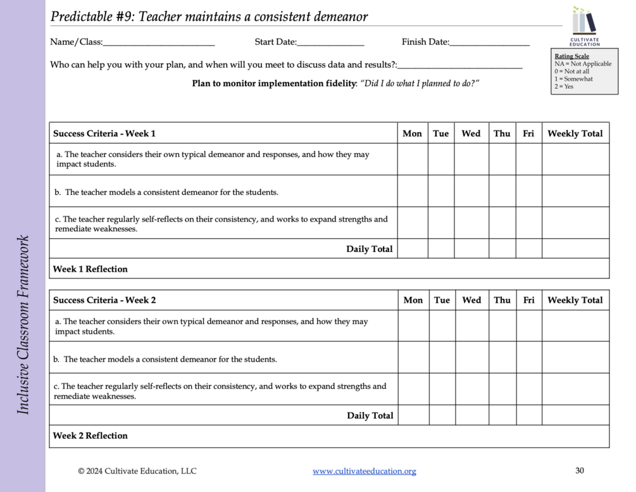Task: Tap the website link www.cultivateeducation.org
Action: pyautogui.click(x=365, y=471)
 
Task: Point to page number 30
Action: pyautogui.click(x=580, y=470)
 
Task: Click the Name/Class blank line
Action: pyautogui.click(x=158, y=44)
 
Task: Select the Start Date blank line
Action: pyautogui.click(x=330, y=44)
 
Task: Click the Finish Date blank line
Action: pyautogui.click(x=489, y=44)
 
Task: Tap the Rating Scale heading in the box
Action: pyautogui.click(x=571, y=56)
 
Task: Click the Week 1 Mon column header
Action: pyautogui.click(x=412, y=134)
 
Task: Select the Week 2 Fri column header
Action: pyautogui.click(x=528, y=300)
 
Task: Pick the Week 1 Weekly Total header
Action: pyautogui.click(x=575, y=134)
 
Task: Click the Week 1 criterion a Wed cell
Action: pyautogui.click(x=471, y=159)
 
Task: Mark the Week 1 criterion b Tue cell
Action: pyautogui.click(x=440, y=191)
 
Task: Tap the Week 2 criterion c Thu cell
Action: pyautogui.click(x=502, y=389)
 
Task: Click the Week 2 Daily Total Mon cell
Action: pyautogui.click(x=413, y=415)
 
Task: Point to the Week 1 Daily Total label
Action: pyautogui.click(x=369, y=249)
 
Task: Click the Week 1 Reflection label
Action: pyautogui.click(x=90, y=269)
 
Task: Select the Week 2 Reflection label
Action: pyautogui.click(x=90, y=436)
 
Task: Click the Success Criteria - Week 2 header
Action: pyautogui.click(x=104, y=300)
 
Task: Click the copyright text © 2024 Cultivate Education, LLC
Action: pyautogui.click(x=137, y=471)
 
